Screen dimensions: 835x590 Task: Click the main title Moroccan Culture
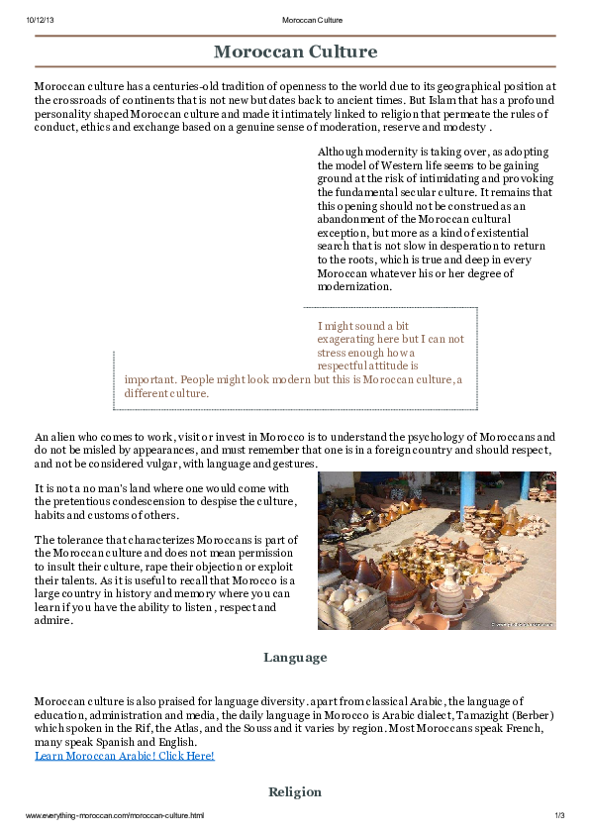(295, 52)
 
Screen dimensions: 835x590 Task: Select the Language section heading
(295, 657)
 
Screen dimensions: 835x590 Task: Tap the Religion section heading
(295, 791)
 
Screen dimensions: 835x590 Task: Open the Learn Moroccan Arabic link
(124, 756)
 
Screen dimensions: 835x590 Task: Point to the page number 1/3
(558, 815)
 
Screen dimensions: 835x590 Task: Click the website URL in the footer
(115, 815)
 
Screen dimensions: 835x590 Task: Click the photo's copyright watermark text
(523, 624)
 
